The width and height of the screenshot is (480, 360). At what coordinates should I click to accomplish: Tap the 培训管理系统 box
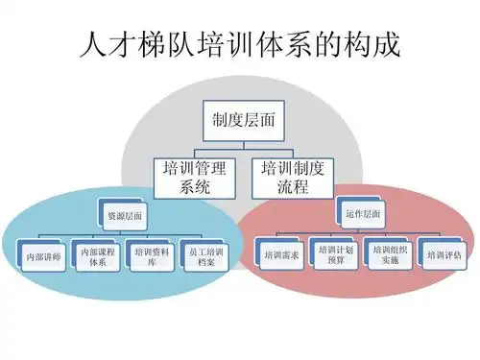pyautogui.click(x=194, y=179)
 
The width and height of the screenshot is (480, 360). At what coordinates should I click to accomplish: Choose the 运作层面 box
pyautogui.click(x=361, y=212)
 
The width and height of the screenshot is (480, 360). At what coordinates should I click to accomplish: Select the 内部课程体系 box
pyautogui.click(x=97, y=256)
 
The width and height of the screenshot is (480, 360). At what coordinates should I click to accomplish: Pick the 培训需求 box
pyautogui.click(x=281, y=255)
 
